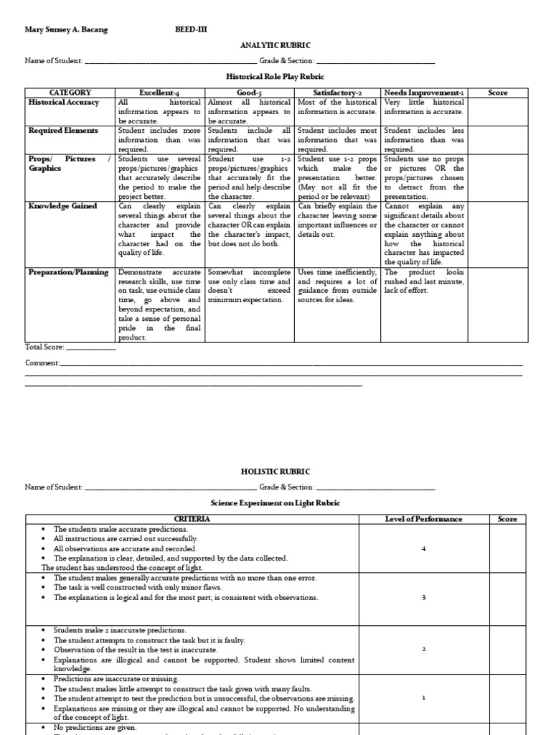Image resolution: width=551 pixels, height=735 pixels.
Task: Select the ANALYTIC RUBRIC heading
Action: [x=275, y=45]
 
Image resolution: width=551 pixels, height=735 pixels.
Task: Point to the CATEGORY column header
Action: [x=70, y=93]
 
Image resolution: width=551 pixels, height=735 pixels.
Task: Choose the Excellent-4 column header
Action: [x=160, y=93]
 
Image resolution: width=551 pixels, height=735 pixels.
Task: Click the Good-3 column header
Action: [x=249, y=93]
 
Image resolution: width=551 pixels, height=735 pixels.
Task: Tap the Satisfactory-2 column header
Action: [x=337, y=93]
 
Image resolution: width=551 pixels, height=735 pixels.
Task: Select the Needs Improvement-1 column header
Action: [x=424, y=93]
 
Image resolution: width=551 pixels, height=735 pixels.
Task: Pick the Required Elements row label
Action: [x=64, y=131]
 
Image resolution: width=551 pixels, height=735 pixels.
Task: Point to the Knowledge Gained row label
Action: [x=62, y=206]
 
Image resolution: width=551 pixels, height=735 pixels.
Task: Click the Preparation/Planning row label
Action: [x=68, y=272]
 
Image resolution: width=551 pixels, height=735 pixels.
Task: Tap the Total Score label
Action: [x=45, y=347]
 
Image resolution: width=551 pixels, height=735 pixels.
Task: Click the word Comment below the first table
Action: [x=42, y=363]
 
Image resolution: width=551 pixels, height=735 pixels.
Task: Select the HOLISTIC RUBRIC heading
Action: [x=275, y=471]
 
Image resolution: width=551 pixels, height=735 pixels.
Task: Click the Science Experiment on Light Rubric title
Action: [x=275, y=503]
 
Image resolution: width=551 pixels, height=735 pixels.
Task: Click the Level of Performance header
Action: [x=423, y=519]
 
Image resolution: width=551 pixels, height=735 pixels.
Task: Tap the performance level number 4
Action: [x=423, y=548]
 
